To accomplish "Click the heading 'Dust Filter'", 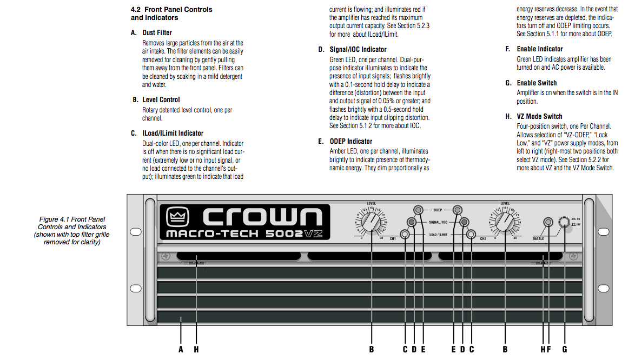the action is pyautogui.click(x=157, y=33).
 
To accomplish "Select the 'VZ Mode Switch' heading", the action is pyautogui.click(x=539, y=117).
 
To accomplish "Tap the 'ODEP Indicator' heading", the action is pyautogui.click(x=350, y=141).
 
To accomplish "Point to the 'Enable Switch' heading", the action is pyautogui.click(x=537, y=83).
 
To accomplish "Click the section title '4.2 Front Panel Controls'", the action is pyautogui.click(x=171, y=9).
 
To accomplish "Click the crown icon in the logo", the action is pyautogui.click(x=177, y=217).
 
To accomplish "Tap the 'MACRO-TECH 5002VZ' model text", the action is pyautogui.click(x=244, y=234).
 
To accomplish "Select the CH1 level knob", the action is pyautogui.click(x=372, y=222).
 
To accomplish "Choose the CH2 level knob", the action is pyautogui.click(x=505, y=222).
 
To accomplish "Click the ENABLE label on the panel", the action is pyautogui.click(x=538, y=239).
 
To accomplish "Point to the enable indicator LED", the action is pyautogui.click(x=548, y=222).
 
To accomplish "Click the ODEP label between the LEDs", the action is pyautogui.click(x=438, y=210).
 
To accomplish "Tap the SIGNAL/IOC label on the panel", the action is pyautogui.click(x=438, y=223).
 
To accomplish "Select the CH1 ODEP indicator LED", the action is pyautogui.click(x=418, y=210).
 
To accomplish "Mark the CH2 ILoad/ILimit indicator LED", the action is pyautogui.click(x=471, y=234).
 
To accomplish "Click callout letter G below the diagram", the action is pyautogui.click(x=565, y=350).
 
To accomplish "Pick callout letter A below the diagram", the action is pyautogui.click(x=181, y=350).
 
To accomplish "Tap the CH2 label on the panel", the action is pyautogui.click(x=483, y=239).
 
